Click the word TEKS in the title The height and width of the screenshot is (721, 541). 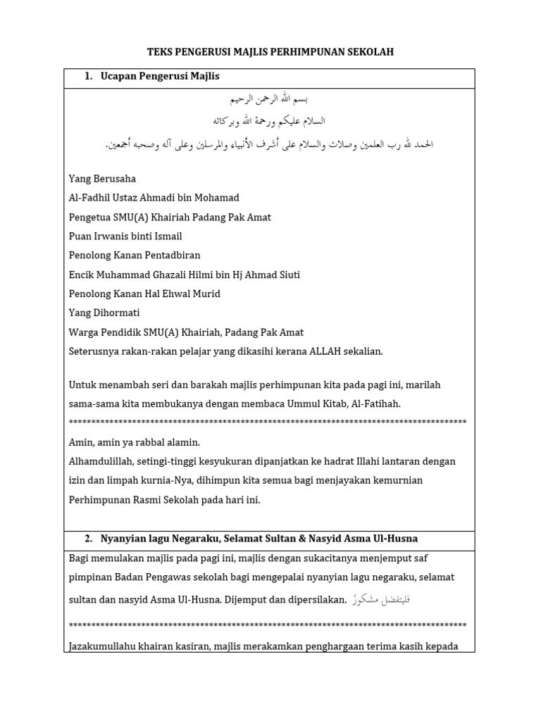click(160, 52)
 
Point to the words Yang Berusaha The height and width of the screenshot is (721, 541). click(102, 179)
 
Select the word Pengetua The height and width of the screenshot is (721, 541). click(91, 218)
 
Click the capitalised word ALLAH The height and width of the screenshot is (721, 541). click(326, 351)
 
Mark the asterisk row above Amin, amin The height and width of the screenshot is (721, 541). click(268, 422)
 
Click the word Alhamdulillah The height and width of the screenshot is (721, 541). click(103, 461)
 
